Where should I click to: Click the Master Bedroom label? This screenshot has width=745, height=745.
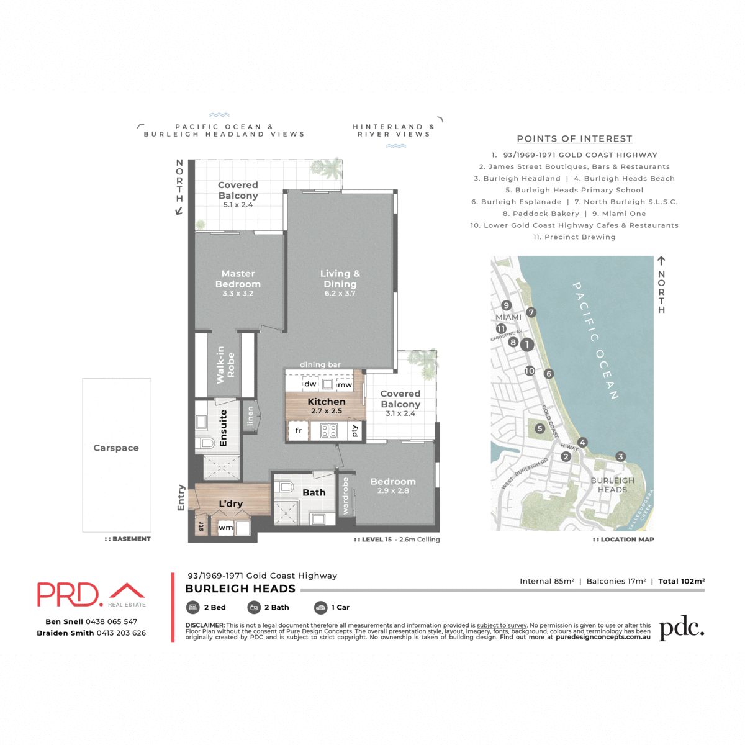point(238,279)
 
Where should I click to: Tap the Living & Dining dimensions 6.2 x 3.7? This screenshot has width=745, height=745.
point(340,294)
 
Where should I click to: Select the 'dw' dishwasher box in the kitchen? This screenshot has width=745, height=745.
point(310,384)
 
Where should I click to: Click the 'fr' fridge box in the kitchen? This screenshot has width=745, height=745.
point(299,430)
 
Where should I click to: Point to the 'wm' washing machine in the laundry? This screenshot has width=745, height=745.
point(226,528)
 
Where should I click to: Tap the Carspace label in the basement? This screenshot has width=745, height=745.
point(116,448)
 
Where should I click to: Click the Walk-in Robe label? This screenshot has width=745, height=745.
point(225,365)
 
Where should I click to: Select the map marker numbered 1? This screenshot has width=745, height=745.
point(527,344)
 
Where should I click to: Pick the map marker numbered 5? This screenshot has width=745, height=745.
point(540,428)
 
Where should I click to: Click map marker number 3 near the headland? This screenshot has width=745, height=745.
point(620,457)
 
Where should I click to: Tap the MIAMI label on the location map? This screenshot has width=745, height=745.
point(508,317)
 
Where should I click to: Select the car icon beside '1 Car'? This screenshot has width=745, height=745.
point(320,607)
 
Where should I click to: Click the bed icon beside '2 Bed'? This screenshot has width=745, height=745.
point(192,607)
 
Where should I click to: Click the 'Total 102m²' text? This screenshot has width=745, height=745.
point(681,581)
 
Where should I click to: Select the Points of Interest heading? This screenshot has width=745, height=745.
point(574,139)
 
